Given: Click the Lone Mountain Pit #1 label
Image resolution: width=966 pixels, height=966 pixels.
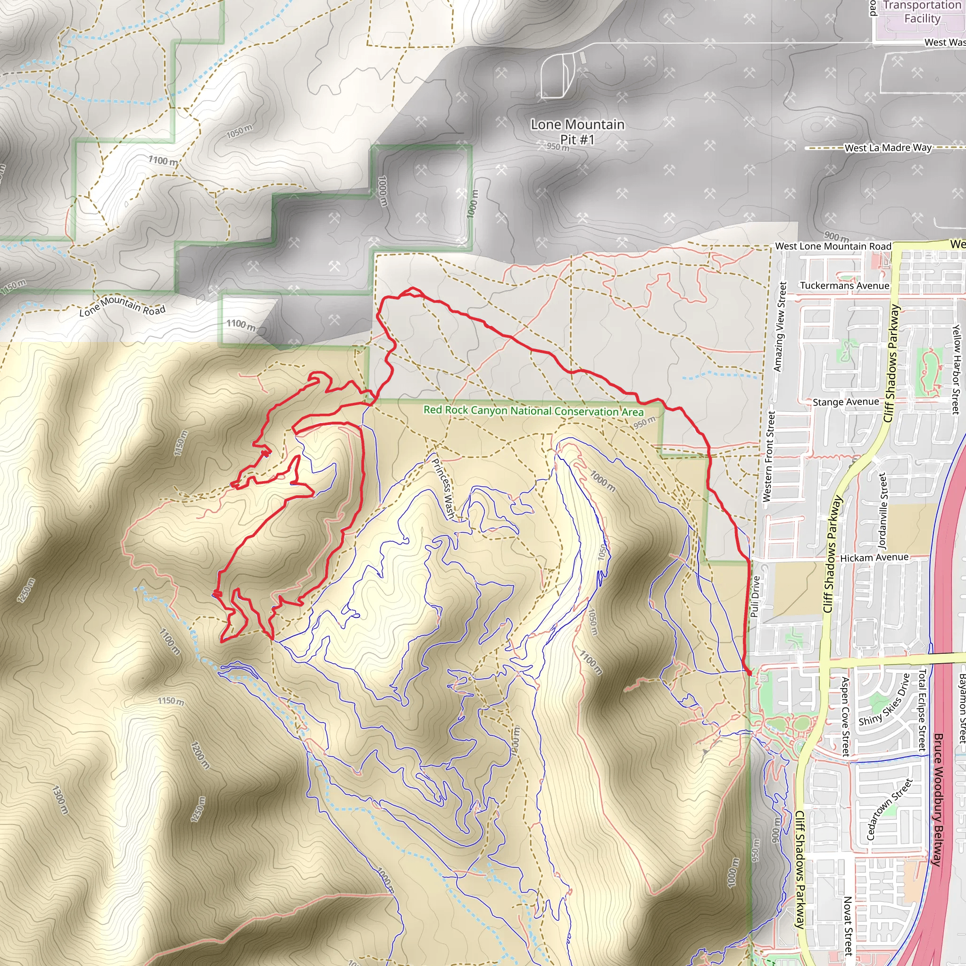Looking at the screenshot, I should (577, 132).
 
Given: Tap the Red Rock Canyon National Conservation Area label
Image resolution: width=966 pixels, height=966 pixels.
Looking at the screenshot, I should (533, 410).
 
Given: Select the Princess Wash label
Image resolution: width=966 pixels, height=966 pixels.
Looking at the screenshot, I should (443, 489).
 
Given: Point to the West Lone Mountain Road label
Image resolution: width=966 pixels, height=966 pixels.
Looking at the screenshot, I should (833, 246).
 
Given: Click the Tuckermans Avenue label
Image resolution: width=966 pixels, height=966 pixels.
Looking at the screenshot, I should (844, 285).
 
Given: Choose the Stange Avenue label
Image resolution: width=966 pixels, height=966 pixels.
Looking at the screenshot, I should (846, 402).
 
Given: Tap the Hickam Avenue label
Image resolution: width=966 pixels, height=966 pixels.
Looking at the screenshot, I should (874, 558).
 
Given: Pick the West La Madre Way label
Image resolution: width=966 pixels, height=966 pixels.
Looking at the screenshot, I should (888, 148).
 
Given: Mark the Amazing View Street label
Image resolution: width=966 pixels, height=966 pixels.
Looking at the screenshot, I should (780, 326).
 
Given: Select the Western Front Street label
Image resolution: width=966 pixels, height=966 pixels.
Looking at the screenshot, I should (768, 456).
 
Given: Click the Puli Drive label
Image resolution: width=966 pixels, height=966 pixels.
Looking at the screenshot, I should (756, 596).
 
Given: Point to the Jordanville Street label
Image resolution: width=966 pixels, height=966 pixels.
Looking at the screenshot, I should (883, 510).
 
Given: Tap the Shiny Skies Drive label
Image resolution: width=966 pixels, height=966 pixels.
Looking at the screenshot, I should (884, 700).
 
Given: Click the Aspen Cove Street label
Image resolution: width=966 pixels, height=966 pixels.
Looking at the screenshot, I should (845, 716).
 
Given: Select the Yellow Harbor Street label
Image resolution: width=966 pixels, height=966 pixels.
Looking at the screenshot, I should (956, 369).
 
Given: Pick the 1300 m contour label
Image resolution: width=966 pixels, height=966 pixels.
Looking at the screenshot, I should (59, 799).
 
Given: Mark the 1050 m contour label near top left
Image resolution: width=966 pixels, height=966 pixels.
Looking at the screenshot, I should (239, 132).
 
